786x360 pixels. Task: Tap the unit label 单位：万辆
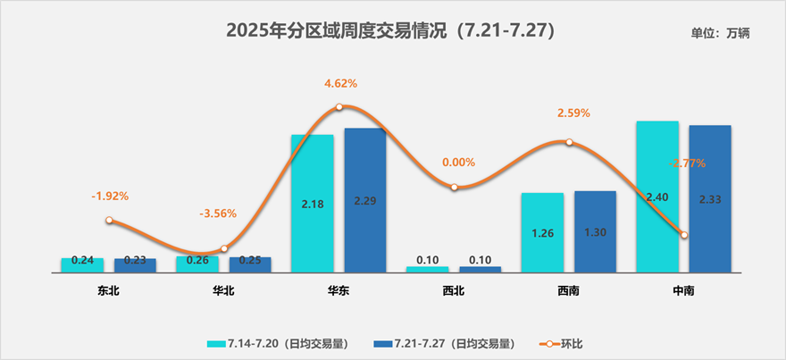coord(720,33)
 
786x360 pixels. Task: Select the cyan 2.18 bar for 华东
coord(312,204)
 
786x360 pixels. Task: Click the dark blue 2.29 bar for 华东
coord(364,200)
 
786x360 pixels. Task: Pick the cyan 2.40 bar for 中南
coord(656,197)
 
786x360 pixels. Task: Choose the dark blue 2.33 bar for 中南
coord(710,198)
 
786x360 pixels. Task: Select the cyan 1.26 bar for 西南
coord(542,232)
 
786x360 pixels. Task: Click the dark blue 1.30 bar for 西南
coord(595,231)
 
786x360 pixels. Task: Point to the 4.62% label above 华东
coord(340,83)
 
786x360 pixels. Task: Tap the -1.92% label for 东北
coord(110,196)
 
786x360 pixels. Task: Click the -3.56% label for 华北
coord(219,213)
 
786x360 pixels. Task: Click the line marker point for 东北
coord(109,220)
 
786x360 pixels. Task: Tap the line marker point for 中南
coord(683,235)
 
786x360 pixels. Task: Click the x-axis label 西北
coord(454,290)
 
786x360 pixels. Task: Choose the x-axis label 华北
coord(223,290)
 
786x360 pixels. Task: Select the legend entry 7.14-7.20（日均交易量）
coord(277,343)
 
